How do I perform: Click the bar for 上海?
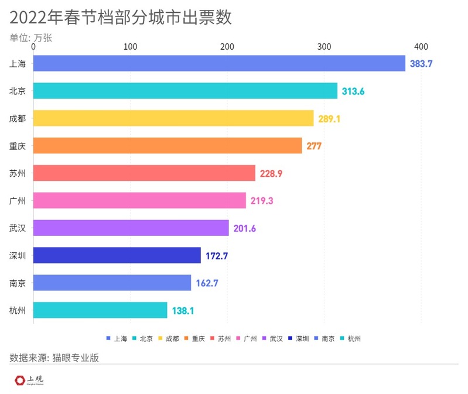pyautogui.click(x=219, y=63)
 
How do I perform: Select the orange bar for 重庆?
pyautogui.click(x=168, y=146)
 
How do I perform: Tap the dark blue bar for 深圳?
pyautogui.click(x=117, y=255)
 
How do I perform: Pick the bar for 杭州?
pyautogui.click(x=100, y=310)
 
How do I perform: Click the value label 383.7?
pyautogui.click(x=421, y=63)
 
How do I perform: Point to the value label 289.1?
pyautogui.click(x=329, y=118)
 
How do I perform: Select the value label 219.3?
pyautogui.click(x=261, y=201)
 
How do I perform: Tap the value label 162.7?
pyautogui.click(x=207, y=283)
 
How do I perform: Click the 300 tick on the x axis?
pyautogui.click(x=324, y=47)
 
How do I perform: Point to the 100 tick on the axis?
pyautogui.click(x=131, y=47)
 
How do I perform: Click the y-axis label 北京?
pyautogui.click(x=18, y=91)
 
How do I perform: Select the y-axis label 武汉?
pyautogui.click(x=18, y=228)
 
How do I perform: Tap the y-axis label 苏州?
pyautogui.click(x=18, y=173)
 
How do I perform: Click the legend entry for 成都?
pyautogui.click(x=168, y=338)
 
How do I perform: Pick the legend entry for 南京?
pyautogui.click(x=324, y=338)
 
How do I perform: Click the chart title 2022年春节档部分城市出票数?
pyautogui.click(x=121, y=18)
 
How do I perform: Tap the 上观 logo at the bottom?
pyautogui.click(x=29, y=381)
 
